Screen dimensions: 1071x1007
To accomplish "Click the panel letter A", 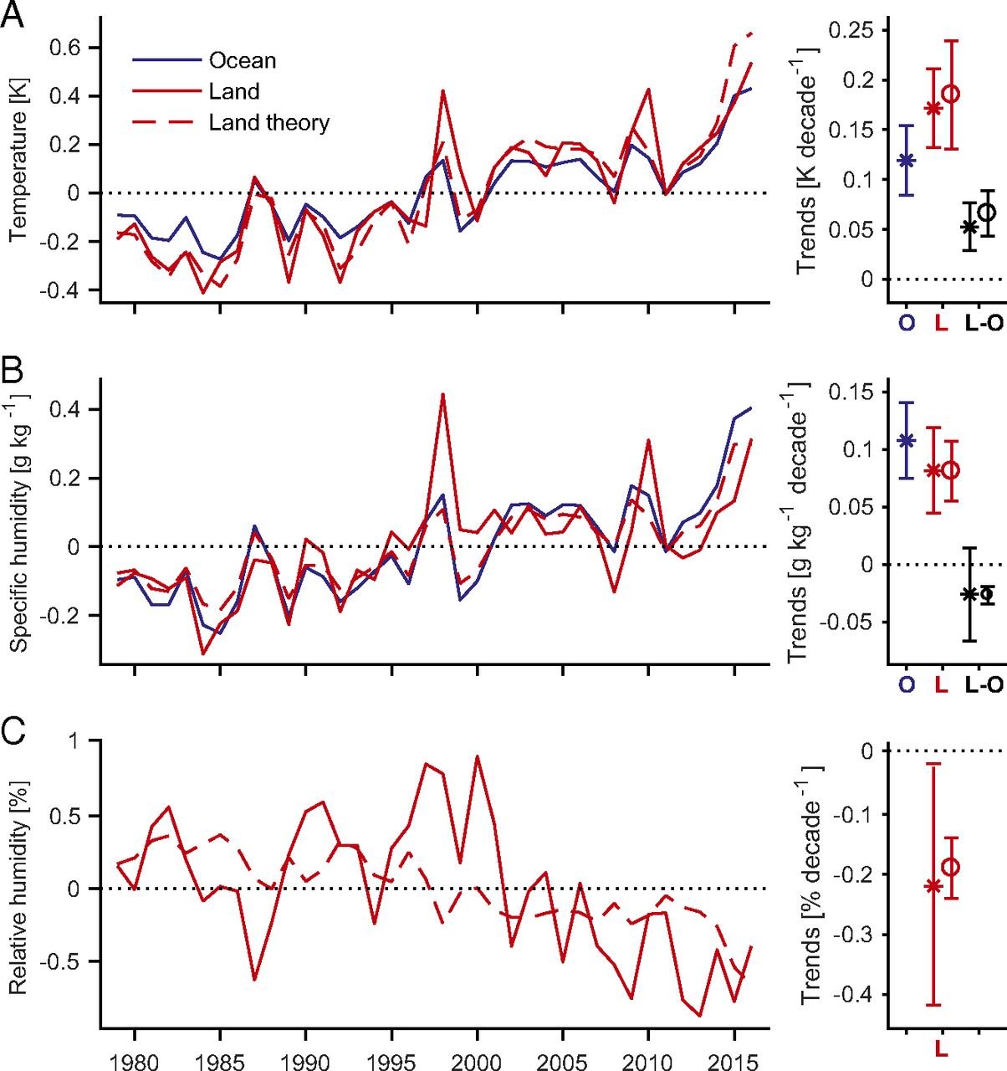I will click(x=14, y=14).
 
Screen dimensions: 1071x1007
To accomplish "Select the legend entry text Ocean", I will click(x=243, y=61).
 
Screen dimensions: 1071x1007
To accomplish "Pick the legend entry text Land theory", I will click(x=268, y=123).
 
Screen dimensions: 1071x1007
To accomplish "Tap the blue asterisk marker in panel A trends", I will click(x=906, y=160).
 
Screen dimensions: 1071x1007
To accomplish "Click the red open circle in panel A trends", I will click(x=952, y=94).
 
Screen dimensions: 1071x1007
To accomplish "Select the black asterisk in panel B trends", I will click(x=970, y=594).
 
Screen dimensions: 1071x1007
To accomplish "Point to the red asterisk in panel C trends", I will click(x=933, y=885).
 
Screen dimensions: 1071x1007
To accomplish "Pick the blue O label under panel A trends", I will click(x=906, y=324).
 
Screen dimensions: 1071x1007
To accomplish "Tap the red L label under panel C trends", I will click(x=942, y=1048).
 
